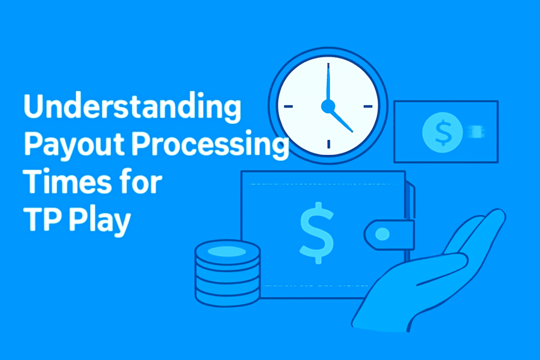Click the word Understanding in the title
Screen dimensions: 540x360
(x=132, y=107)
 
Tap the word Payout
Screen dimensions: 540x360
(x=75, y=145)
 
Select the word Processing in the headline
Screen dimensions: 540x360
(x=210, y=145)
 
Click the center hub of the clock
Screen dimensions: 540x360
(x=328, y=106)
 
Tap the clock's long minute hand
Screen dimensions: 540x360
(x=328, y=82)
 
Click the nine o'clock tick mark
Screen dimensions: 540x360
(x=288, y=106)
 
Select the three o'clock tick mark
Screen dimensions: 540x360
(x=368, y=106)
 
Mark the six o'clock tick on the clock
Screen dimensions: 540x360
(x=329, y=144)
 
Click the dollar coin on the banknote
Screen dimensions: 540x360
(x=442, y=133)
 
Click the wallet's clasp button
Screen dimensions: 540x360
(x=382, y=234)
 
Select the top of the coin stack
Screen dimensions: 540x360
(x=227, y=251)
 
